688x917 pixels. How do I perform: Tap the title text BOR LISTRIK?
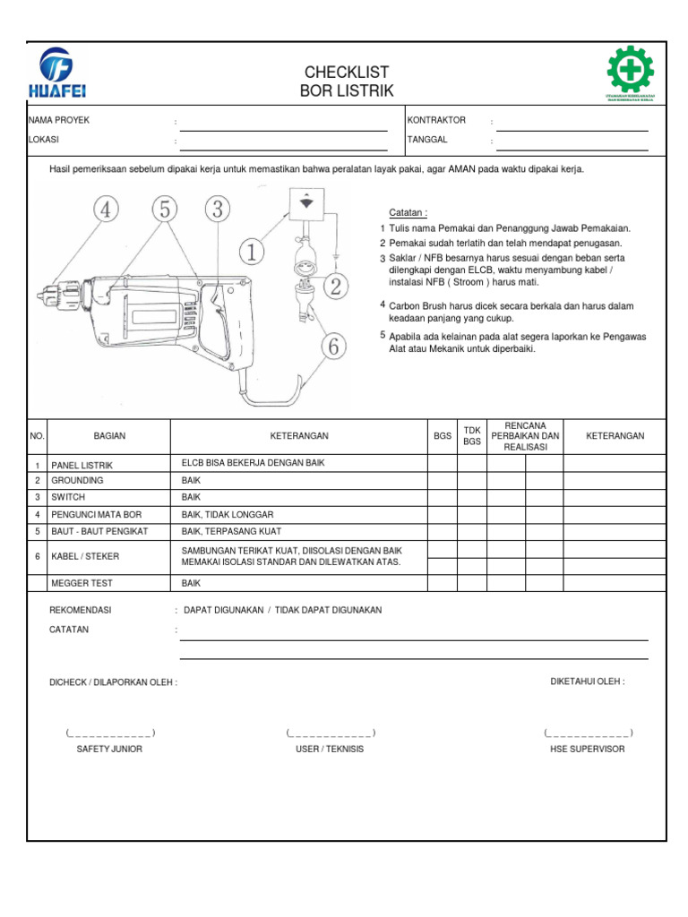(x=348, y=91)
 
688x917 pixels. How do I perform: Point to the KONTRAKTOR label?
(x=436, y=120)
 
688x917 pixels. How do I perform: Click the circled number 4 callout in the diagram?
(x=106, y=210)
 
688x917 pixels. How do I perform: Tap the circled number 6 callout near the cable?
(x=331, y=347)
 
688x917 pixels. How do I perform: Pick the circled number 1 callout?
(x=253, y=253)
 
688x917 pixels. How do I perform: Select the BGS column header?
(x=443, y=436)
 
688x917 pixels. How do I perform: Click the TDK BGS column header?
(x=472, y=436)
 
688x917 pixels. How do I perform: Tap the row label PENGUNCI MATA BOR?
(x=97, y=515)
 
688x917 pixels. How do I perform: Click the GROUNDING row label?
(x=77, y=481)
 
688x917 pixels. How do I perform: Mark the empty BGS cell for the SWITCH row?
(x=443, y=497)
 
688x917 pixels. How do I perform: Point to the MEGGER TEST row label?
(x=82, y=583)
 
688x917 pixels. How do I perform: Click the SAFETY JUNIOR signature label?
(x=109, y=749)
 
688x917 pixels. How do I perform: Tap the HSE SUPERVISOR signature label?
(x=588, y=749)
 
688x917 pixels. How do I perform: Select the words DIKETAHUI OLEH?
(x=587, y=681)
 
